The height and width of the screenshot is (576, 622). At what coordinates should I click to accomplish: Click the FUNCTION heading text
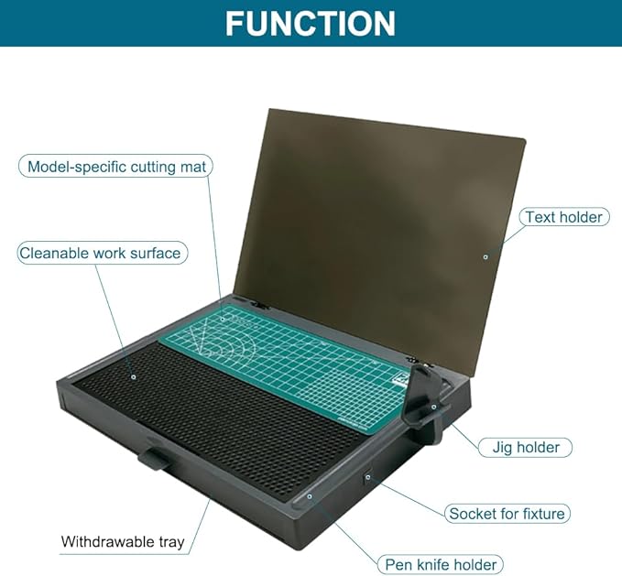[311, 24]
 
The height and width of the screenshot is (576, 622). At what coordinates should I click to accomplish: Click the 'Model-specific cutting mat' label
[115, 167]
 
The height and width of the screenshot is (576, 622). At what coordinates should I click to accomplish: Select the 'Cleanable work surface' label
[103, 253]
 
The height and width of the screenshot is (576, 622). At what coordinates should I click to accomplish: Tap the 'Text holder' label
[564, 217]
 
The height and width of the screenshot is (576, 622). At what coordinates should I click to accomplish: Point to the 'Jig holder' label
[526, 447]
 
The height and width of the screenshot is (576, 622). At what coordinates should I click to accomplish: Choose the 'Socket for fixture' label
[507, 514]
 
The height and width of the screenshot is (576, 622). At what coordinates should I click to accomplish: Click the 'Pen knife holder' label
[441, 564]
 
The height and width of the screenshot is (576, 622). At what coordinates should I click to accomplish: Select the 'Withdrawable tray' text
[123, 541]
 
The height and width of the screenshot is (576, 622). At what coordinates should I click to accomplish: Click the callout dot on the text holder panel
[486, 257]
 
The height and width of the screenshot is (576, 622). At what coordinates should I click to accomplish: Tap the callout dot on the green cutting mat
[223, 319]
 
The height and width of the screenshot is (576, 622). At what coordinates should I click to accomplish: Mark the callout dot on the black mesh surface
[134, 376]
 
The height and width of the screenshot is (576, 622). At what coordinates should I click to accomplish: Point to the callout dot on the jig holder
[434, 407]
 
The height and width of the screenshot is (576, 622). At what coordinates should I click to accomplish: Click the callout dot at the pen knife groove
[310, 496]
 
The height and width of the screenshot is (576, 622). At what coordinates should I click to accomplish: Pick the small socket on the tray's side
[367, 476]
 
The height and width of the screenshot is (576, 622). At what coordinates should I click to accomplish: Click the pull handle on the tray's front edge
[154, 459]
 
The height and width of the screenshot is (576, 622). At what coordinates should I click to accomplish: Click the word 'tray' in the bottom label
[171, 542]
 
